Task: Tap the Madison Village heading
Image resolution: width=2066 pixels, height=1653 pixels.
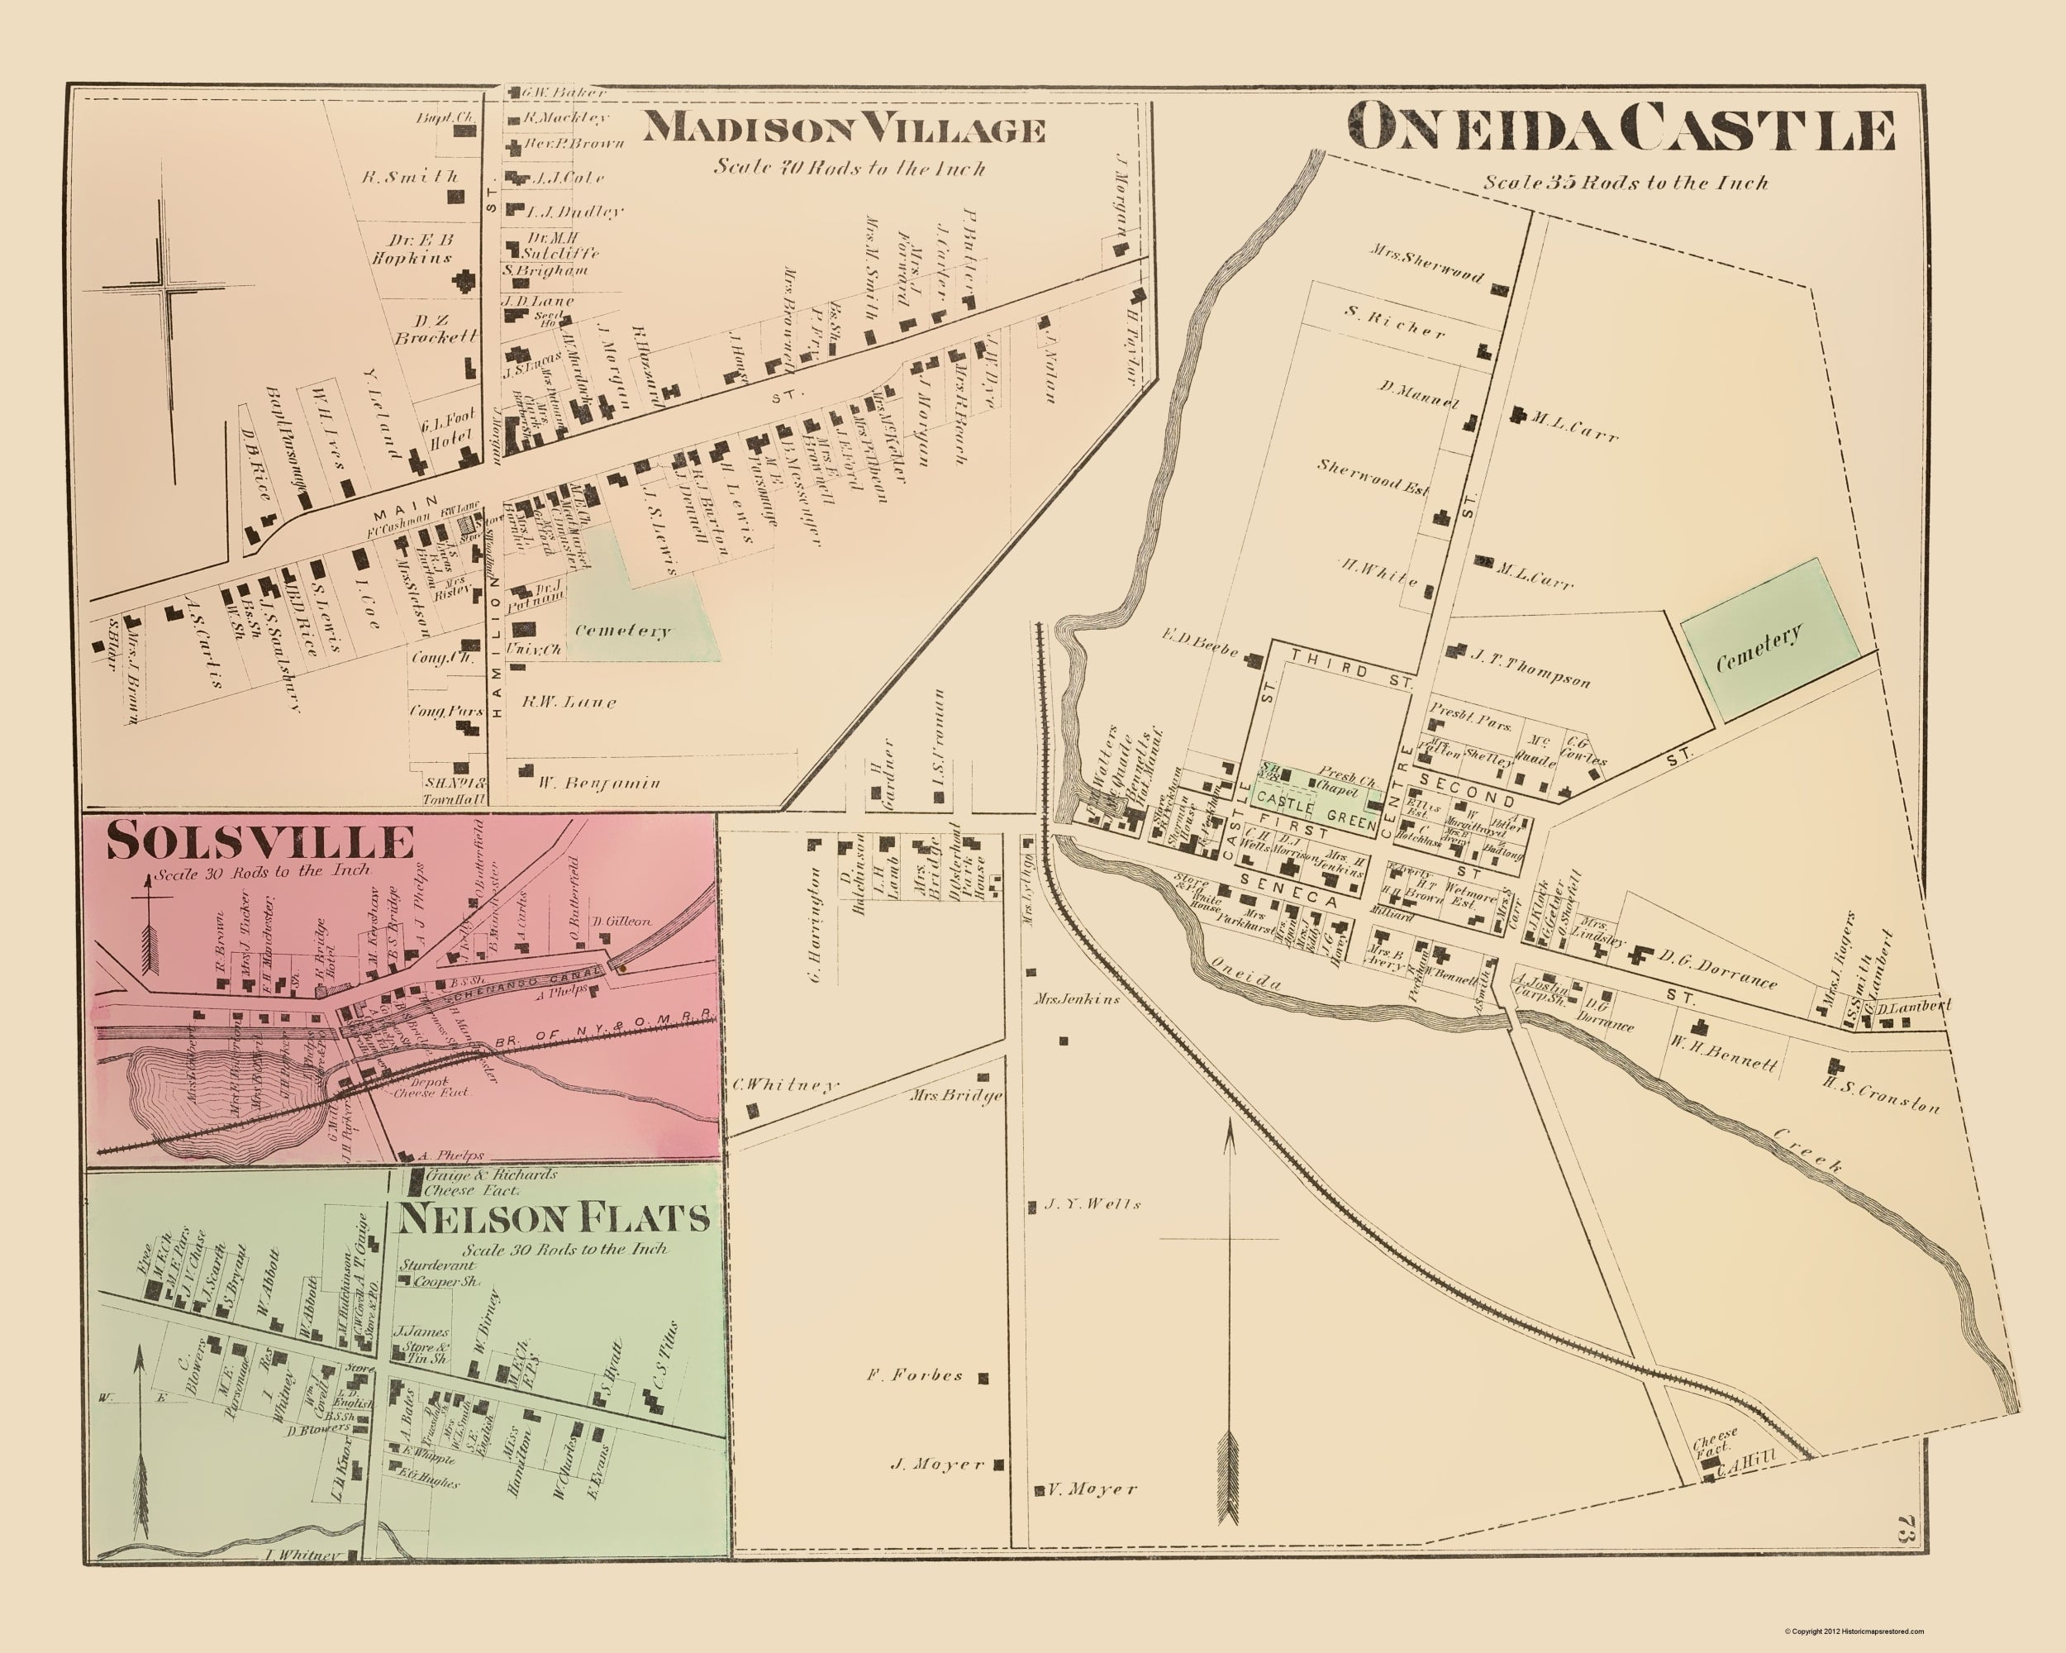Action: [842, 128]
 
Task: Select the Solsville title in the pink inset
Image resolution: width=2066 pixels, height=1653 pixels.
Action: [259, 841]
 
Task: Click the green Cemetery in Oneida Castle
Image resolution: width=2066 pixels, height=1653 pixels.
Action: [1769, 640]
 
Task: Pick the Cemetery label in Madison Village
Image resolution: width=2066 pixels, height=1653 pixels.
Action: [623, 631]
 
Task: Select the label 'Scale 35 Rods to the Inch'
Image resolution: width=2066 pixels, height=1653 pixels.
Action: [1626, 182]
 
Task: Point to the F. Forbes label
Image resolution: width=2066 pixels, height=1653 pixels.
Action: [915, 1375]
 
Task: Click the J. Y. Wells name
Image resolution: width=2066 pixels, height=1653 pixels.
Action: [1093, 1204]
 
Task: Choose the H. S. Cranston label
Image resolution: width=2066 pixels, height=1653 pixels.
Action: [1881, 1094]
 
